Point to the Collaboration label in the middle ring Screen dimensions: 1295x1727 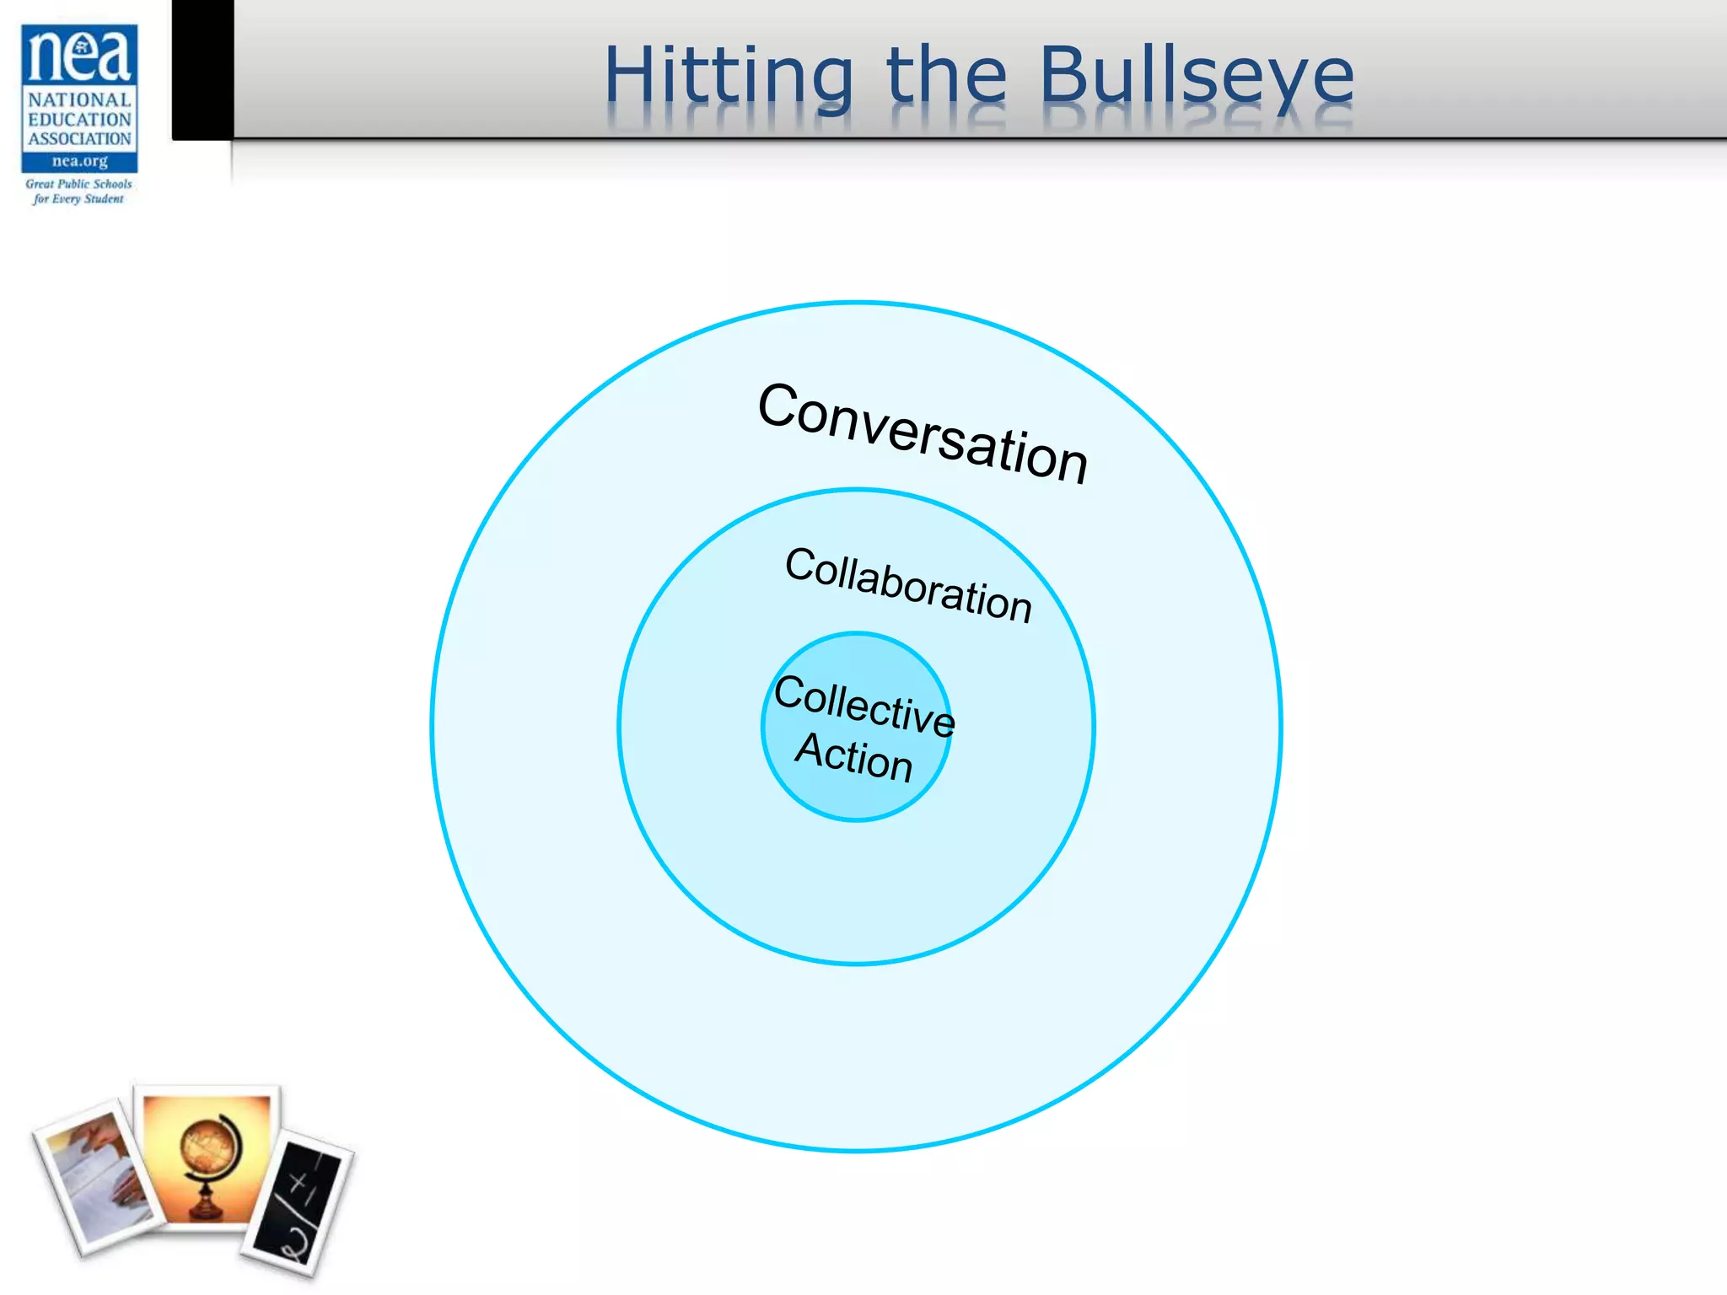[908, 584]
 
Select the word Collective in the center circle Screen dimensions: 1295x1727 [864, 705]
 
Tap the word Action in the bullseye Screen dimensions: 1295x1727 [854, 756]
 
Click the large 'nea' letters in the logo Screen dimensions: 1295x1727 [79, 55]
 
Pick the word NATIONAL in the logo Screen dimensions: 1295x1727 [79, 100]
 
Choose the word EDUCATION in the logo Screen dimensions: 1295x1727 [79, 120]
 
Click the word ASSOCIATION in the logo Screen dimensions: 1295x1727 [79, 139]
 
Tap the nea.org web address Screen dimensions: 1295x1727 [79, 161]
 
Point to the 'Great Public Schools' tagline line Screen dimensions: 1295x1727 [78, 184]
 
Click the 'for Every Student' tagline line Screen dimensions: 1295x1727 [78, 199]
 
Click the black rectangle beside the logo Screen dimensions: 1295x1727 [202, 69]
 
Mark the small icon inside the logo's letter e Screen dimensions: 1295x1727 [81, 47]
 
